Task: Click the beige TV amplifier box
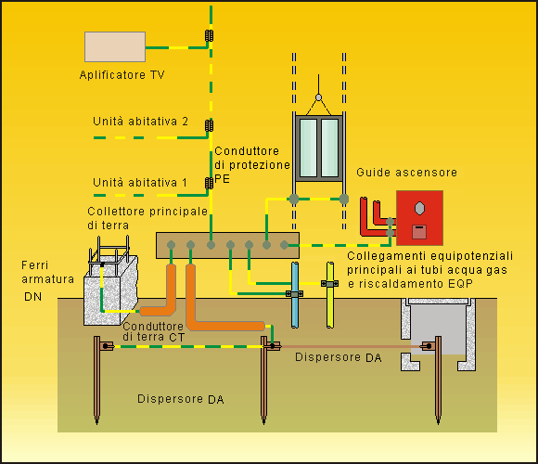pyautogui.click(x=115, y=47)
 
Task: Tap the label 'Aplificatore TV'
pyautogui.click(x=122, y=75)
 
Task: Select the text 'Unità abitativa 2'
pyautogui.click(x=140, y=122)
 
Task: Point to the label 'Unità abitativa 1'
pyautogui.click(x=140, y=182)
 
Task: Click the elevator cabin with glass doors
pyautogui.click(x=319, y=148)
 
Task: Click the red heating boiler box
pyautogui.click(x=419, y=218)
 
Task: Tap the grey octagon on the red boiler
pyautogui.click(x=419, y=208)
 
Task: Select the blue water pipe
pyautogui.click(x=295, y=295)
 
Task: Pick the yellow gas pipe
pyautogui.click(x=330, y=295)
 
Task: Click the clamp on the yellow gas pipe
pyautogui.click(x=329, y=283)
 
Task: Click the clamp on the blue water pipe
pyautogui.click(x=294, y=294)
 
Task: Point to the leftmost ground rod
pyautogui.click(x=97, y=380)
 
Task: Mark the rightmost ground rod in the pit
pyautogui.click(x=438, y=380)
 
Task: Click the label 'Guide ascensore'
pyautogui.click(x=406, y=173)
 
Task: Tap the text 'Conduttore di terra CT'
pyautogui.click(x=154, y=331)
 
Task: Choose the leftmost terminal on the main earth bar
pyautogui.click(x=171, y=245)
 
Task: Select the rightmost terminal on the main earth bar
pyautogui.click(x=284, y=245)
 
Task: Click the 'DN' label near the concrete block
pyautogui.click(x=33, y=297)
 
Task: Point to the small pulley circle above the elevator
pyautogui.click(x=319, y=97)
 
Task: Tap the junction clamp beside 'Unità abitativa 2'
pyautogui.click(x=209, y=125)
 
